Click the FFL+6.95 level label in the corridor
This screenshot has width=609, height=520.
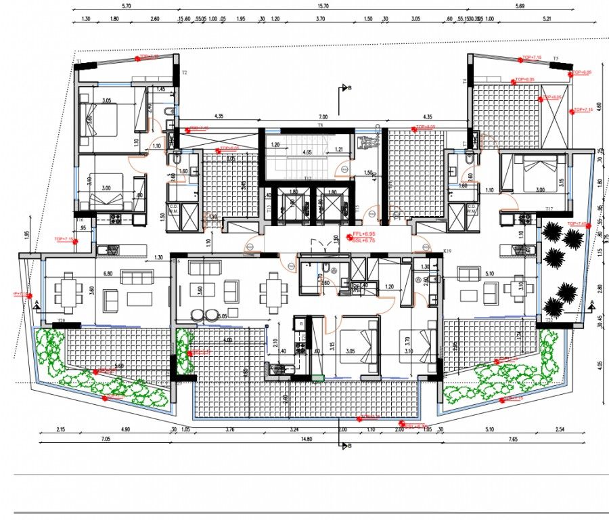click(364, 234)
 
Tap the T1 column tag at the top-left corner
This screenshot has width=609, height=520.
click(78, 62)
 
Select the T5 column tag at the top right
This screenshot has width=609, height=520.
click(555, 59)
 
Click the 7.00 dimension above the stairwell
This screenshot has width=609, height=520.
click(323, 116)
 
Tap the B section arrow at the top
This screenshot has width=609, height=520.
click(347, 88)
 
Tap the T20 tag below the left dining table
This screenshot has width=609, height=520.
click(61, 320)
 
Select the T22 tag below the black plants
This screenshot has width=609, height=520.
click(548, 320)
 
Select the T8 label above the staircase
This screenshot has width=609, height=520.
click(321, 126)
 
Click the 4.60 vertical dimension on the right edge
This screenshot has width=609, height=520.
click(600, 108)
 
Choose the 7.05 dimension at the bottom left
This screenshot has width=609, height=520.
click(105, 439)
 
